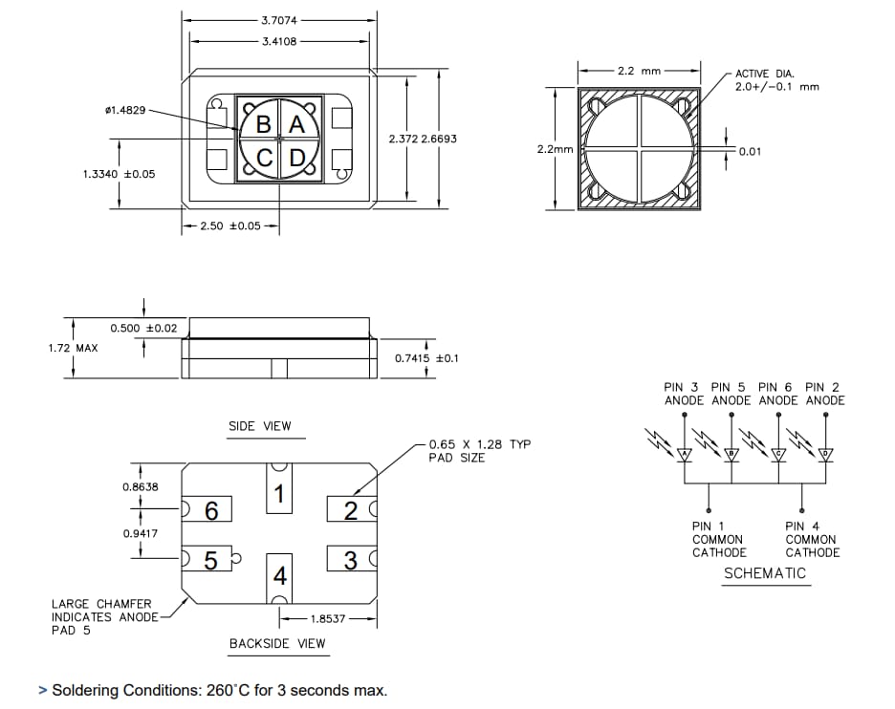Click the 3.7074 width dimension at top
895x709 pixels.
[278, 19]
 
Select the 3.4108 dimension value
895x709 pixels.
[278, 41]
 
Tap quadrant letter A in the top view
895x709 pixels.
[296, 124]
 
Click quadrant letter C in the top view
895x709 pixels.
[265, 157]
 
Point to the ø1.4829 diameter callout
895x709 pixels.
[124, 110]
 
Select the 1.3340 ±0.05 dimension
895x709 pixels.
[119, 174]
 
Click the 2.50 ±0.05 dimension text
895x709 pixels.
[230, 226]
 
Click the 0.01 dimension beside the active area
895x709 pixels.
[750, 151]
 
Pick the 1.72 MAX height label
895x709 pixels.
[73, 348]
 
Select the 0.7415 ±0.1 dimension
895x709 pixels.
[426, 358]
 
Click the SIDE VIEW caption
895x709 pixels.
[259, 426]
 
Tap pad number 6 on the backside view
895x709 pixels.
[212, 511]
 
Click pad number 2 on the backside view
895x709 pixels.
[350, 510]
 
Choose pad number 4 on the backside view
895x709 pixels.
[279, 576]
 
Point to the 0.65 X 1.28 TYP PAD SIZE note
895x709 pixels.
[478, 451]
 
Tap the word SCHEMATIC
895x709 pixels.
[764, 573]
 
